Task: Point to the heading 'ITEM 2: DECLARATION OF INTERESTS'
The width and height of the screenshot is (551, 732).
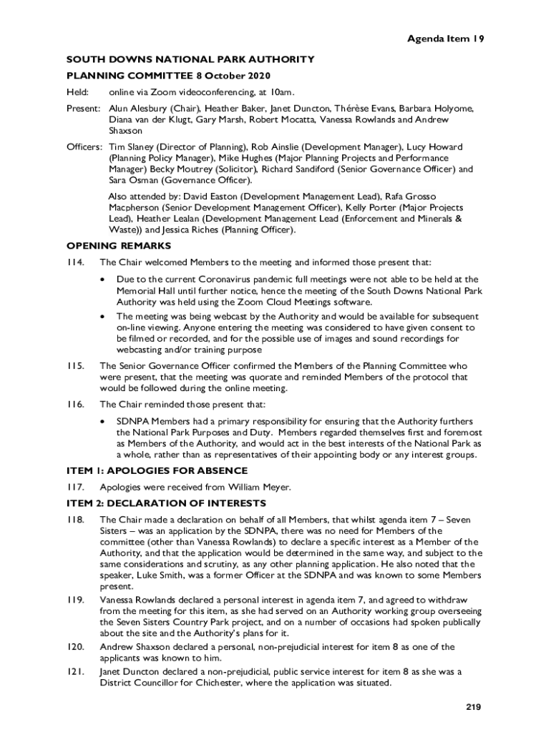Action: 166,503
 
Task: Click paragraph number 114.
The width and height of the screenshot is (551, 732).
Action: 76,262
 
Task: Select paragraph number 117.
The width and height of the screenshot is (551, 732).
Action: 76,487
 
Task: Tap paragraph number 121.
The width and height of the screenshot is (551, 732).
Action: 76,671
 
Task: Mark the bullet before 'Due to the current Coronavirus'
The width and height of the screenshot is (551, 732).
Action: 104,280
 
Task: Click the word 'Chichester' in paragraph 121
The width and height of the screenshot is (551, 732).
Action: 220,683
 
